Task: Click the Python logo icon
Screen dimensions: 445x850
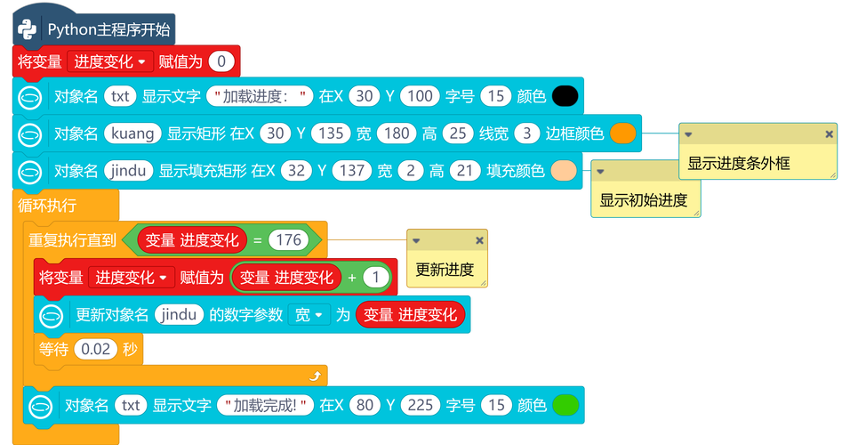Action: [x=28, y=29]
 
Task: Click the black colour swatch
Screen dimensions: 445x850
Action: [x=565, y=96]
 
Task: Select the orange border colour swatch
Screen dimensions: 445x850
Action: [x=623, y=133]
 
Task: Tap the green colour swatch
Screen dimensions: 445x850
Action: [x=565, y=406]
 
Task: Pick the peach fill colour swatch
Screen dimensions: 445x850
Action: [x=564, y=170]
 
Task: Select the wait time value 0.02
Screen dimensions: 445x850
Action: [x=95, y=350]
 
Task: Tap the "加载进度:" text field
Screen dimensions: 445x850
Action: [x=261, y=96]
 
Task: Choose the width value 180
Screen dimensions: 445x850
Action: [x=395, y=133]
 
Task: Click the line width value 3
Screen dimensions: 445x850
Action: [x=527, y=133]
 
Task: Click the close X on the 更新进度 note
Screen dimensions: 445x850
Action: [x=479, y=240]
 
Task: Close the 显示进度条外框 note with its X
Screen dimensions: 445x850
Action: [x=829, y=133]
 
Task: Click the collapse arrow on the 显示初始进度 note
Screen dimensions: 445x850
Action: [x=601, y=170]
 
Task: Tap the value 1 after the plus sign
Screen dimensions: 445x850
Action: [x=377, y=278]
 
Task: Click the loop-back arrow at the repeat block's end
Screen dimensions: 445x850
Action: [x=314, y=376]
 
